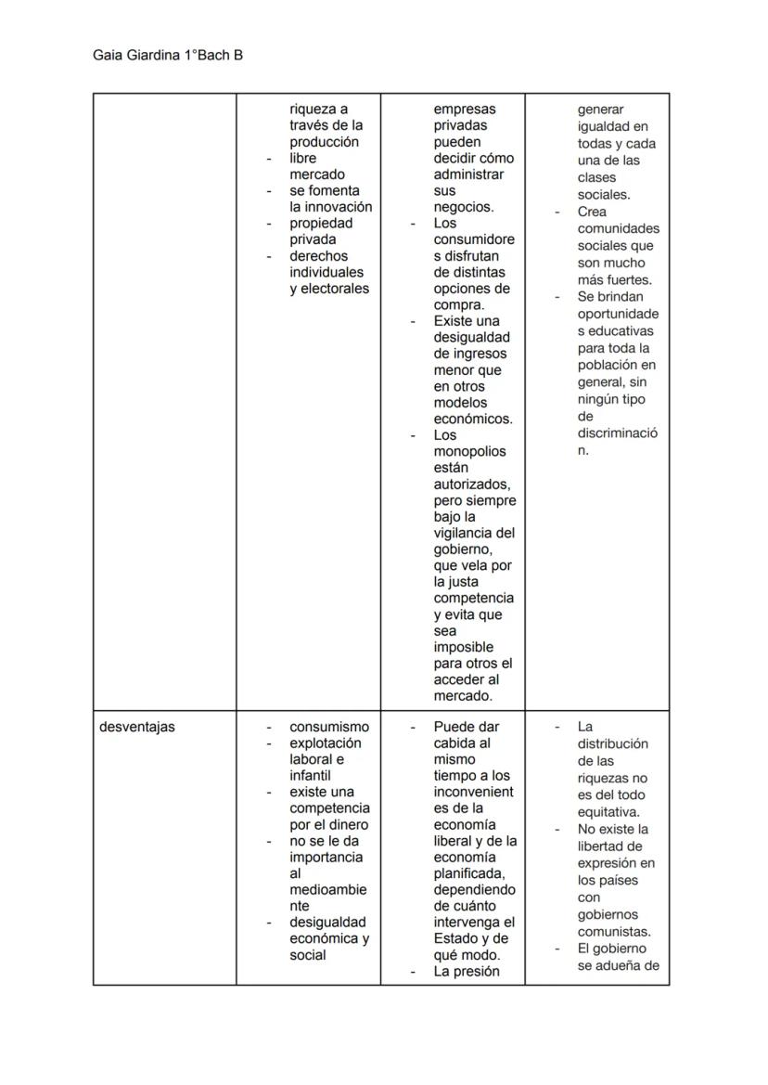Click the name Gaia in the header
[108, 56]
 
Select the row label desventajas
[136, 727]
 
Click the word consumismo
[328, 727]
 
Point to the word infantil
[310, 775]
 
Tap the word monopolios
[469, 451]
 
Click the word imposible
[463, 647]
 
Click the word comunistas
[613, 931]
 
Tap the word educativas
[615, 330]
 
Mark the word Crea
[592, 212]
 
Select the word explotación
[326, 743]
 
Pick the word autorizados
[471, 484]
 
